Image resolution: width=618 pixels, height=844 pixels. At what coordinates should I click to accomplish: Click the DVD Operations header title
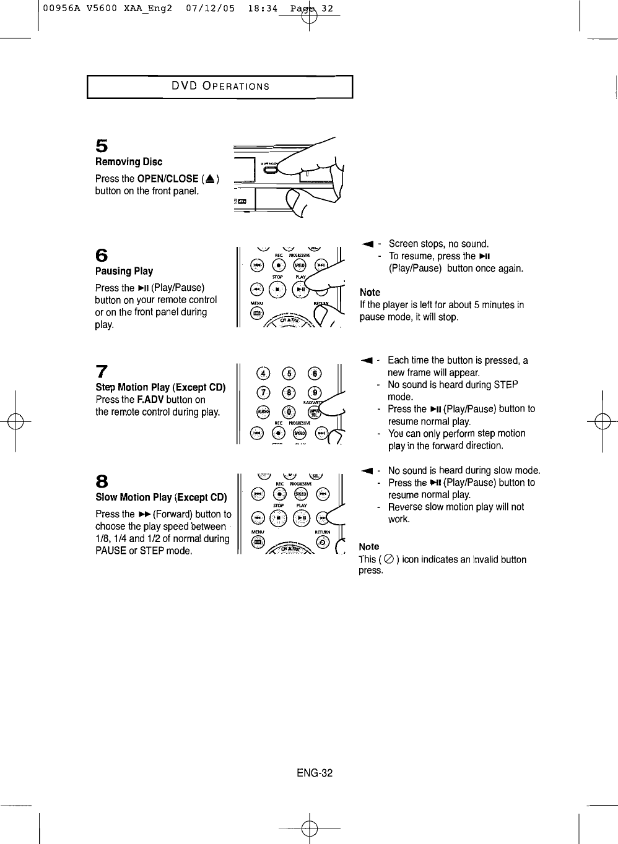click(220, 86)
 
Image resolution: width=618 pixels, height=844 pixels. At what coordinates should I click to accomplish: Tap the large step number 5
click(102, 146)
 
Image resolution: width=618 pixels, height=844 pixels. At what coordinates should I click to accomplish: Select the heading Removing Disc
click(129, 162)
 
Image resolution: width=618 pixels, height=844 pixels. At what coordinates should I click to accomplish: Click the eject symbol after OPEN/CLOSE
click(210, 179)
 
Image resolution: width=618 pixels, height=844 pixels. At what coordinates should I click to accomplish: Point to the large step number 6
click(102, 256)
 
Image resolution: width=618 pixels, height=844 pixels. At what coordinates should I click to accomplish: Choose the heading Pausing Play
click(124, 271)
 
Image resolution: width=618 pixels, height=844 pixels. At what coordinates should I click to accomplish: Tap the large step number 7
click(102, 371)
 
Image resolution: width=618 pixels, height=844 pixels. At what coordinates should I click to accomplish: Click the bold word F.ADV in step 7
click(150, 400)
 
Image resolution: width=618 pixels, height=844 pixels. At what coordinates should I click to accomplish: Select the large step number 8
click(102, 481)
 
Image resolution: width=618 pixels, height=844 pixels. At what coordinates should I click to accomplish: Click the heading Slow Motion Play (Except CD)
click(161, 497)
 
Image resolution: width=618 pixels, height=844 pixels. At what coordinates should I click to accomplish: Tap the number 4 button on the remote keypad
click(264, 373)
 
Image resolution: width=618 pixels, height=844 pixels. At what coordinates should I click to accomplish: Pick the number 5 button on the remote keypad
click(289, 373)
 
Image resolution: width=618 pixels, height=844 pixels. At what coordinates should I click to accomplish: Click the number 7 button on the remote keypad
click(264, 394)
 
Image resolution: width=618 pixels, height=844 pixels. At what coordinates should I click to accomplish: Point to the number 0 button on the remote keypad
click(289, 413)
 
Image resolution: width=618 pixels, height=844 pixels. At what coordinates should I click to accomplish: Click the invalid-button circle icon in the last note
click(388, 559)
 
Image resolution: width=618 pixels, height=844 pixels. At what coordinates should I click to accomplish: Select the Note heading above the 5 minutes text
click(370, 292)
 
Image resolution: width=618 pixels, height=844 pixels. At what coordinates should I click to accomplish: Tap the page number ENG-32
click(314, 773)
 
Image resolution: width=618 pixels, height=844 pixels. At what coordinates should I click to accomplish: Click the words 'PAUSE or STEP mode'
click(143, 551)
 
